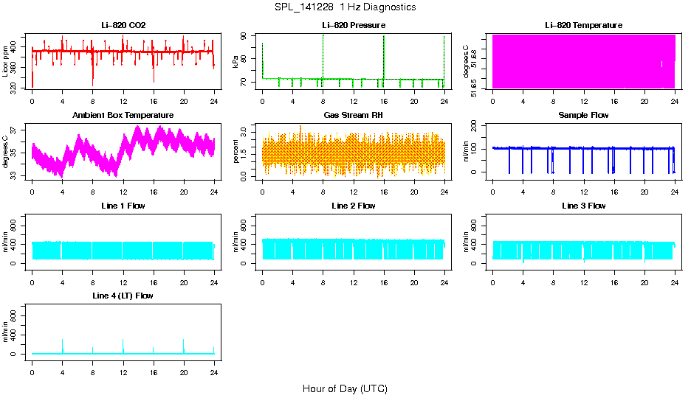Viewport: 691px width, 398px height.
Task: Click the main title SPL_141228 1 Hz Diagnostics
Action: pos(344,7)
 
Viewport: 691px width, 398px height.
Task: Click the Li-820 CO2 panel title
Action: pos(123,25)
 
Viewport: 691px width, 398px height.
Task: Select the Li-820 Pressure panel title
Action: pos(353,25)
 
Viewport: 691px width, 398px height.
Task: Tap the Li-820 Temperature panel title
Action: pos(583,25)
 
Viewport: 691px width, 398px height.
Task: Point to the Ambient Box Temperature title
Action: pos(123,115)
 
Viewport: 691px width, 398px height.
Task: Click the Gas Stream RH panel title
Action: pos(353,115)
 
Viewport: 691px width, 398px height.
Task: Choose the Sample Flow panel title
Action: pos(583,115)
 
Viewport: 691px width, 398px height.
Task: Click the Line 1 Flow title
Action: pos(123,206)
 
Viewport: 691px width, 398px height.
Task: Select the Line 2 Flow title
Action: pos(353,206)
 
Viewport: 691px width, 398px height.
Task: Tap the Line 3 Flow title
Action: pos(583,206)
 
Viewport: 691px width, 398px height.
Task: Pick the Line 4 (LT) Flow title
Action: pos(123,296)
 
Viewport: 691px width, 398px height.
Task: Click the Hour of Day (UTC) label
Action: pos(345,388)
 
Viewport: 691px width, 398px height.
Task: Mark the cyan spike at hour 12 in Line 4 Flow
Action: pos(123,345)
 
